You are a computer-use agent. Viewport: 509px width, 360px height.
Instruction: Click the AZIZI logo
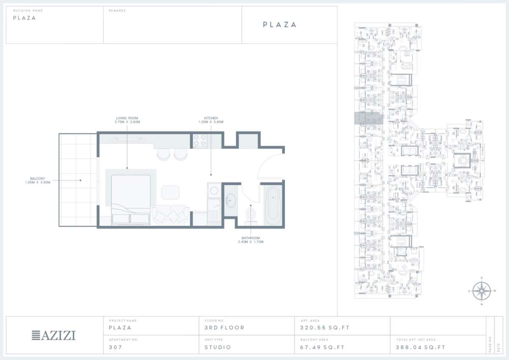point(54,335)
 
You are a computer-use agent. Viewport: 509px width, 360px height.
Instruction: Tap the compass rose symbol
point(481,291)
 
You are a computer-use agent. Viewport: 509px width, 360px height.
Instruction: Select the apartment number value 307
point(115,347)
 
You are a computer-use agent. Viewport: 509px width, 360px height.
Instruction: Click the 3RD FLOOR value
point(224,328)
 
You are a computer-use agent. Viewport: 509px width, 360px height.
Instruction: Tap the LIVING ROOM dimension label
point(127,120)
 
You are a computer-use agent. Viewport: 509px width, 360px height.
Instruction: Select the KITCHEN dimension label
point(211,120)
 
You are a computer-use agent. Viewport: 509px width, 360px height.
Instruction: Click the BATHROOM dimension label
point(251,240)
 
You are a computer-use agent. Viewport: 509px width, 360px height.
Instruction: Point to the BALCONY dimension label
point(38,180)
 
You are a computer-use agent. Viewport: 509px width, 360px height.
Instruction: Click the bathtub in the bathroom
point(272,205)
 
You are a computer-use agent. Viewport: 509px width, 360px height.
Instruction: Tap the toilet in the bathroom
point(251,212)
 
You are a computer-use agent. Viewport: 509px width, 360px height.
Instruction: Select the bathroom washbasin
point(231,200)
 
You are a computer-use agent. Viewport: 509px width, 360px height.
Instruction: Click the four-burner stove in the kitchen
point(199,141)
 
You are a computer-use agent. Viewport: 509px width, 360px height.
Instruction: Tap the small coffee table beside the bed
point(171,192)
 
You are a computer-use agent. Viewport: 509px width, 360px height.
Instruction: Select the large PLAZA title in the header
point(280,25)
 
